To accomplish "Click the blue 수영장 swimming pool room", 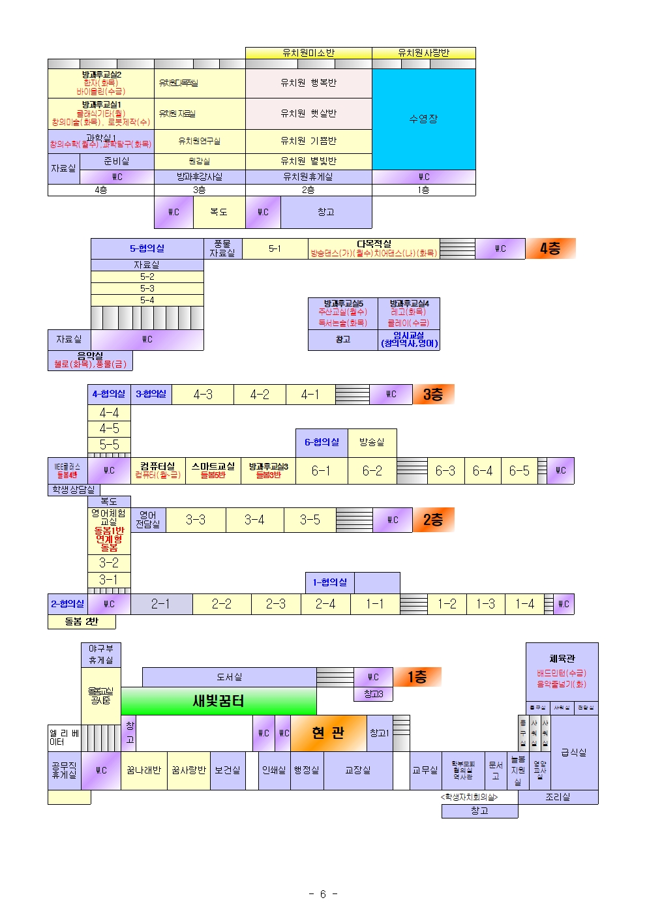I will pyautogui.click(x=423, y=119).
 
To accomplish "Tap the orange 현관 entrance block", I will pyautogui.click(x=328, y=733).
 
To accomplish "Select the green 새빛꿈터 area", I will pyautogui.click(x=218, y=701).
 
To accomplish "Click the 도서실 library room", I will pyautogui.click(x=229, y=677).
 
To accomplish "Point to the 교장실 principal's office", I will pyautogui.click(x=357, y=770).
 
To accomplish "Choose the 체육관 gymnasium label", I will pyautogui.click(x=562, y=659).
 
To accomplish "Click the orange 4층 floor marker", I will pyautogui.click(x=550, y=248).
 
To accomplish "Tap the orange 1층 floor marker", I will pyautogui.click(x=417, y=677).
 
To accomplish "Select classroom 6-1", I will pyautogui.click(x=321, y=471).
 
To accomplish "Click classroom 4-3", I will pyautogui.click(x=203, y=395).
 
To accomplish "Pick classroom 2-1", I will pyautogui.click(x=160, y=604).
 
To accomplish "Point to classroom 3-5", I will pyautogui.click(x=310, y=520).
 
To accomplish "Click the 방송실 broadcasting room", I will pyautogui.click(x=372, y=442).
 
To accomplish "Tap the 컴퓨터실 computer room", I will pyautogui.click(x=157, y=470).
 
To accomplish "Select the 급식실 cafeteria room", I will pyautogui.click(x=574, y=753).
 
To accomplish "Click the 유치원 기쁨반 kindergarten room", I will pyautogui.click(x=308, y=141).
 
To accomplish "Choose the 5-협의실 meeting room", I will pyautogui.click(x=147, y=248).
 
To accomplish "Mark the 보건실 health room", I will pyautogui.click(x=227, y=770).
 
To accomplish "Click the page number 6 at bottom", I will pyautogui.click(x=323, y=894).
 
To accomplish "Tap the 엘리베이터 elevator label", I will pyautogui.click(x=64, y=738).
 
